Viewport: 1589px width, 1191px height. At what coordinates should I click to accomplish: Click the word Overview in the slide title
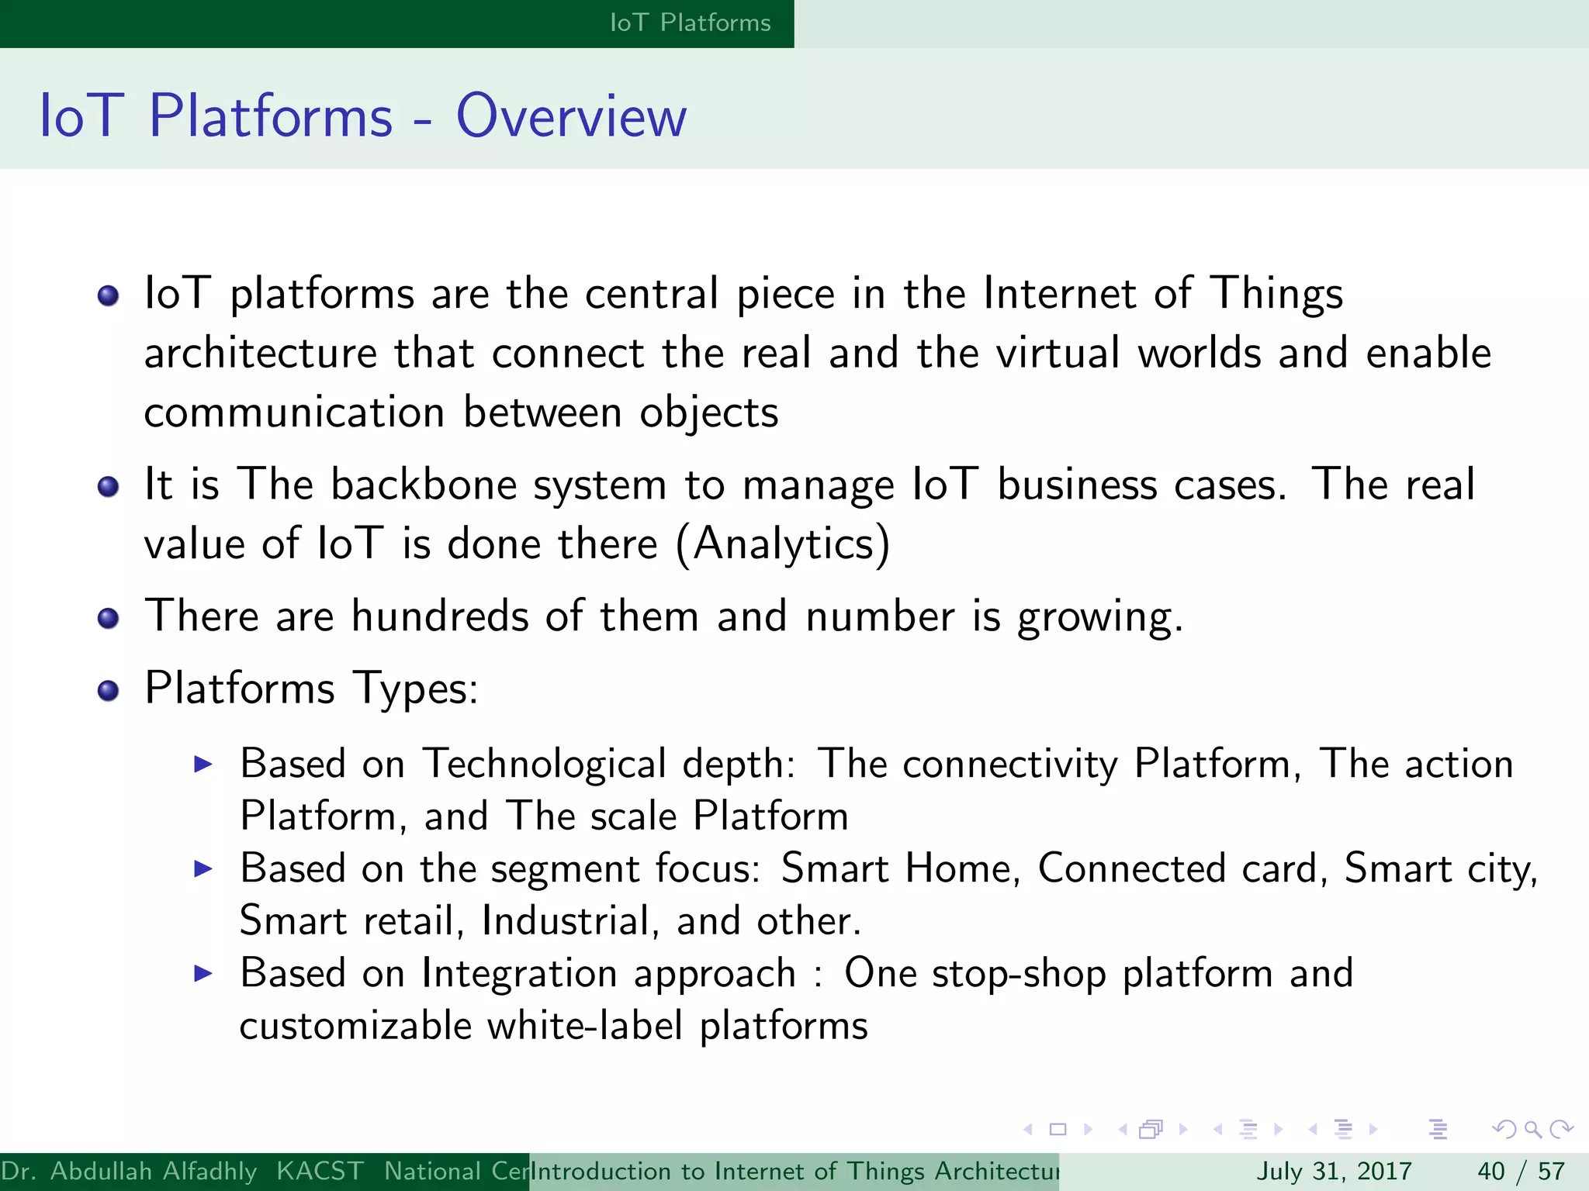tap(571, 116)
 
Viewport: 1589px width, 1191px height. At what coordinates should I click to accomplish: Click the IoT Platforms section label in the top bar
tap(690, 23)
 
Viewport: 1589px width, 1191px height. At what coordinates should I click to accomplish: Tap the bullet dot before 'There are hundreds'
tap(109, 618)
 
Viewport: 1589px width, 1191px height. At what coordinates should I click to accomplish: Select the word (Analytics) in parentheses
tap(783, 544)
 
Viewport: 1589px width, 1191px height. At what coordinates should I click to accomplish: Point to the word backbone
tap(424, 485)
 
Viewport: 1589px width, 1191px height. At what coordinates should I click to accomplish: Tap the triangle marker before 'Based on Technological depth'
tap(203, 765)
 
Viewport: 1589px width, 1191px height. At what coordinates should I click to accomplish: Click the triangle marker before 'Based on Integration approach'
tap(203, 973)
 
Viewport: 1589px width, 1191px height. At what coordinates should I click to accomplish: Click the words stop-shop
tap(1019, 974)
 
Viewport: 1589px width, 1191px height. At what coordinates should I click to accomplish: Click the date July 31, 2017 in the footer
tap(1333, 1171)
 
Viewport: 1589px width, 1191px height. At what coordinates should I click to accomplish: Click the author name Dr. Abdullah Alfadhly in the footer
tap(129, 1171)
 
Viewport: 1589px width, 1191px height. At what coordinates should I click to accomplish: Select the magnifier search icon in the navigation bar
tap(1532, 1129)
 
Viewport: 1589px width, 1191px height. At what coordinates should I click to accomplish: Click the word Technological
tap(544, 764)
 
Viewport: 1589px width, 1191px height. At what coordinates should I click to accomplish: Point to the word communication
tap(294, 413)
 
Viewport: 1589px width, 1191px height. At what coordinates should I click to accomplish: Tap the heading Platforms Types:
tap(311, 689)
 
